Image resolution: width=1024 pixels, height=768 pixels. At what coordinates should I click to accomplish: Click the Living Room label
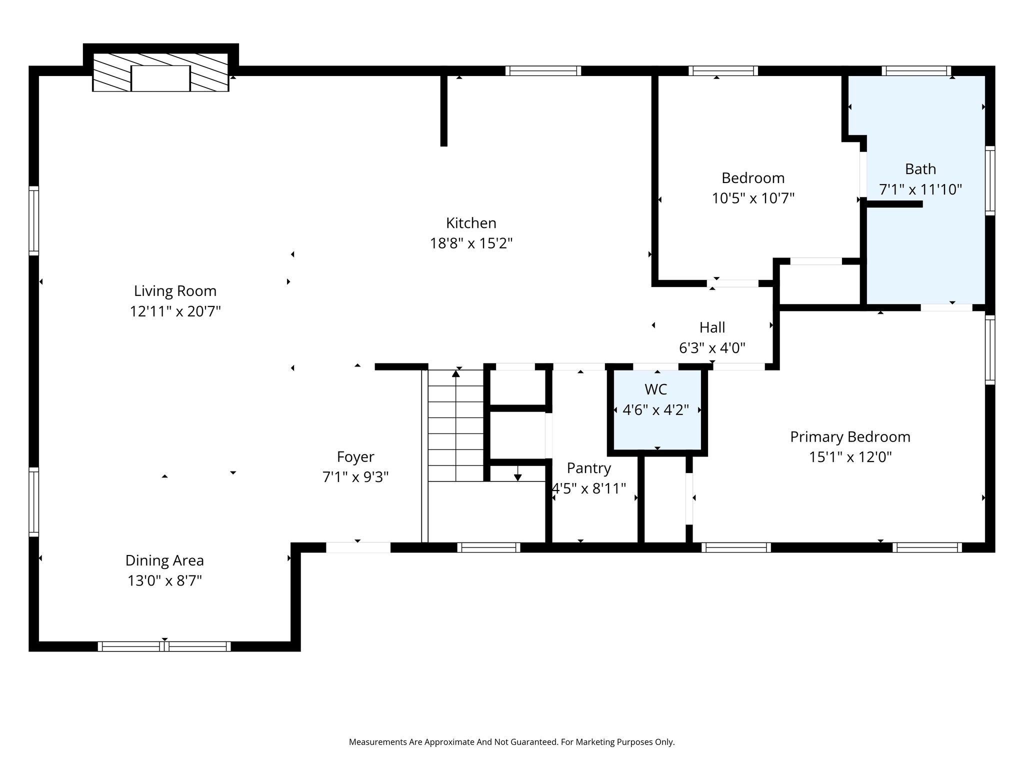pos(175,291)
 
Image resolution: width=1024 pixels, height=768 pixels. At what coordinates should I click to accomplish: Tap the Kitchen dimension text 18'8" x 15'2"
pos(471,243)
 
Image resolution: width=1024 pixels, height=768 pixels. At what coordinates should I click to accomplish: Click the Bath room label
pos(920,169)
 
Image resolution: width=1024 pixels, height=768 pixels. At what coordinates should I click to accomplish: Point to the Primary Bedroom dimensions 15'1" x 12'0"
pos(850,457)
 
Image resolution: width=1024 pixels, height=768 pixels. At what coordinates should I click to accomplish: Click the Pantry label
pos(589,468)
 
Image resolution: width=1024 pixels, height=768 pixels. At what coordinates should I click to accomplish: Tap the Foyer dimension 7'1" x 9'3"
pos(355,477)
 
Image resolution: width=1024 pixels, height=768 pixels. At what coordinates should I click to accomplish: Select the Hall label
pos(712,327)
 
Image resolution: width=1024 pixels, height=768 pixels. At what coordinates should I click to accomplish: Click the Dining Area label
pos(164,560)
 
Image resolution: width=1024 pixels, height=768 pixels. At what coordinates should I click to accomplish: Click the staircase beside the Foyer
pos(456,425)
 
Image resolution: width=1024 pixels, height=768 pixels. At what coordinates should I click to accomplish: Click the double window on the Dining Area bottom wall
pos(164,646)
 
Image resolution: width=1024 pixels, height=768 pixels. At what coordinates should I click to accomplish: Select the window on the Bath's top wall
pos(916,70)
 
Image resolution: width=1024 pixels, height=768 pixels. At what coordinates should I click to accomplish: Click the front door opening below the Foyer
pos(358,547)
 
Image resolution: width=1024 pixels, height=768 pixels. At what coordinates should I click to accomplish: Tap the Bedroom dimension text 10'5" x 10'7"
pos(753,198)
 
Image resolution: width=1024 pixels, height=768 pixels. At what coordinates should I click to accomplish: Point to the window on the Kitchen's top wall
pos(543,70)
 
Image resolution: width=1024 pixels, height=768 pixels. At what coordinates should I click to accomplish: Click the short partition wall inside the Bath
pos(894,204)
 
